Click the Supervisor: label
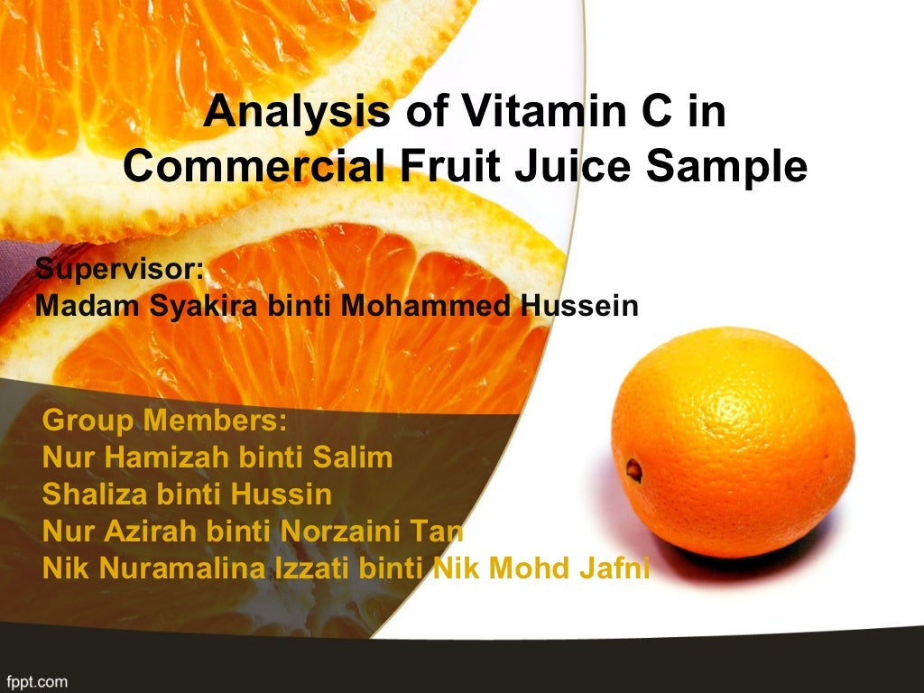(x=120, y=269)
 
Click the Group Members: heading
(x=164, y=420)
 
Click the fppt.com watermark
(x=36, y=681)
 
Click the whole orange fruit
(x=733, y=442)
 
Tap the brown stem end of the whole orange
(x=634, y=469)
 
